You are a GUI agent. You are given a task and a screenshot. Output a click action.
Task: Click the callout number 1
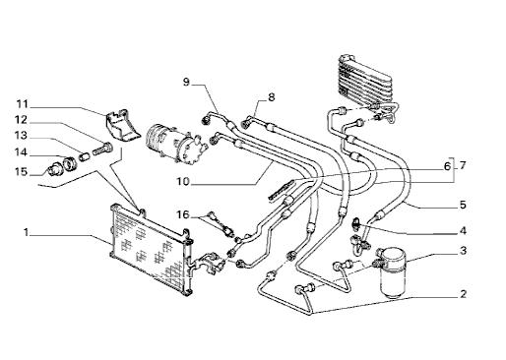pyautogui.click(x=26, y=232)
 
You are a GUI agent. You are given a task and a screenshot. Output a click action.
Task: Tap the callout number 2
pyautogui.click(x=463, y=294)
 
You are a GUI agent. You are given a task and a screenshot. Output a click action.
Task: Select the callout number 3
pyautogui.click(x=463, y=251)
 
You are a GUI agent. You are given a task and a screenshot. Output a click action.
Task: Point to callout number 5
pyautogui.click(x=463, y=205)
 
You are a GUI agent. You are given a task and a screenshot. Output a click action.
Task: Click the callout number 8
pyautogui.click(x=271, y=97)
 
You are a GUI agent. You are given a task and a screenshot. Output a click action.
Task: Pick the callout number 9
pyautogui.click(x=186, y=82)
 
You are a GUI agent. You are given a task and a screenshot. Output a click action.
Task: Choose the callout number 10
pyautogui.click(x=183, y=181)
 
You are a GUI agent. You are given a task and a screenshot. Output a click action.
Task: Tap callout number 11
pyautogui.click(x=23, y=104)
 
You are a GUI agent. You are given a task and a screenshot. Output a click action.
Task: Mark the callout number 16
pyautogui.click(x=183, y=214)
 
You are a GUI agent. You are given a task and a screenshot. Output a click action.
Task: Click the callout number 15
pyautogui.click(x=21, y=171)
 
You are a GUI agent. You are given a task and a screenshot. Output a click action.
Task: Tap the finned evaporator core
pyautogui.click(x=365, y=82)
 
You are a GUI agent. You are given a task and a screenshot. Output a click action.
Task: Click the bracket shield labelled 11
pyautogui.click(x=121, y=126)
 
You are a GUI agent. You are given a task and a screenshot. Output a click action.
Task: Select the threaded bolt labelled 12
pyautogui.click(x=102, y=150)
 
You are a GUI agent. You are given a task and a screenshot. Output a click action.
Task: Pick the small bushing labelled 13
pyautogui.click(x=85, y=156)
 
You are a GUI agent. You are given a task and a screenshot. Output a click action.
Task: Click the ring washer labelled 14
pyautogui.click(x=70, y=163)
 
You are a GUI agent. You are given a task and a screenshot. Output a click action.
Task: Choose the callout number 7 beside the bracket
pyautogui.click(x=463, y=165)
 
